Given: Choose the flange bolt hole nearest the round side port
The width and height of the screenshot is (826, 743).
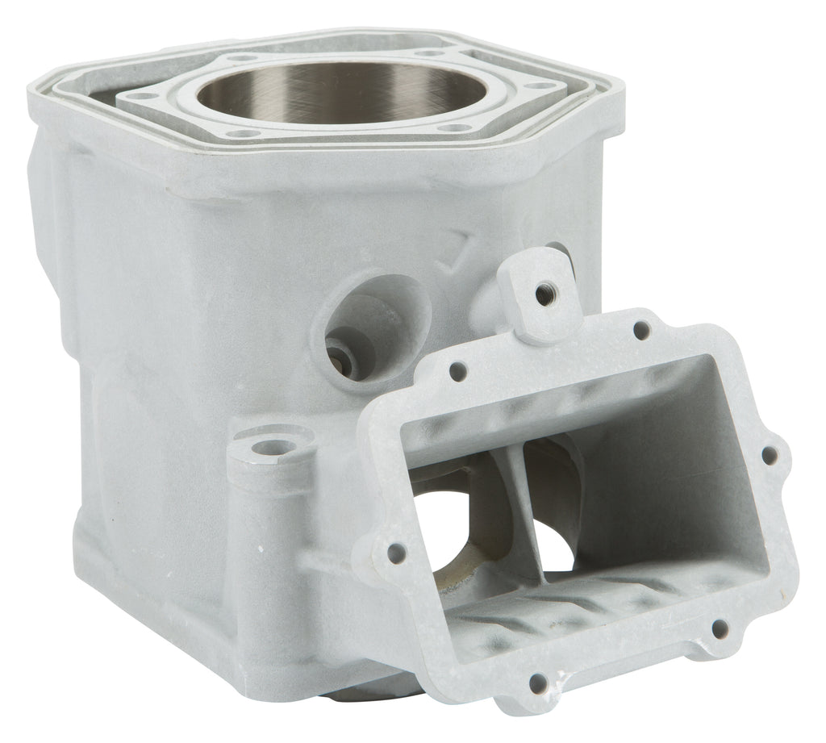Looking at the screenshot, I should pyautogui.click(x=457, y=373).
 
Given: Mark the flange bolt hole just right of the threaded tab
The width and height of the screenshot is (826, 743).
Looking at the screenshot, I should pyautogui.click(x=641, y=330).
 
